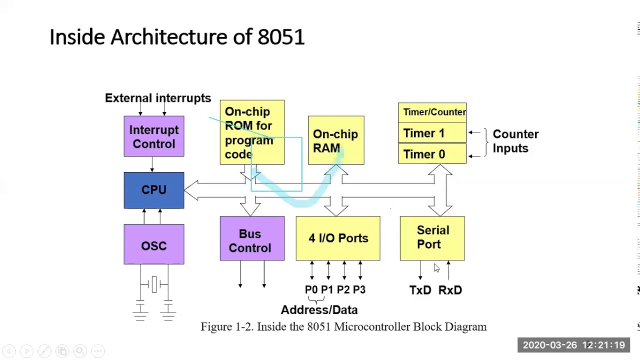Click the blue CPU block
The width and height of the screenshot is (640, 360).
154,190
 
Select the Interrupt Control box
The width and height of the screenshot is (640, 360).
154,136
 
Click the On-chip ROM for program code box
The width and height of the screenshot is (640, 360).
252,132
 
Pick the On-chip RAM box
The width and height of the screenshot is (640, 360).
336,140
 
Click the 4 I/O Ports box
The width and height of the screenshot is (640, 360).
338,238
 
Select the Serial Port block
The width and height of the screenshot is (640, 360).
432,238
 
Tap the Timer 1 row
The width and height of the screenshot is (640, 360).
432,133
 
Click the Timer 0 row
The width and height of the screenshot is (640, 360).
432,154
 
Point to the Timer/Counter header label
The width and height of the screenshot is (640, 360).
434,112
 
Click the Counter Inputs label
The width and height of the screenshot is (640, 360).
515,141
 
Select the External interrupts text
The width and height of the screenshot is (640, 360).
158,98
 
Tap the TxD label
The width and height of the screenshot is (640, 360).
420,290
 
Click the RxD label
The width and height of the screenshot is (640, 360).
450,290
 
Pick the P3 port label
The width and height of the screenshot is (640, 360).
359,290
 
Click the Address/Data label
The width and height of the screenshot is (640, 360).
319,310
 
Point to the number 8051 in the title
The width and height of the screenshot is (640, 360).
281,37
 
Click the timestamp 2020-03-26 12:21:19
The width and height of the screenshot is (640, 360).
573,345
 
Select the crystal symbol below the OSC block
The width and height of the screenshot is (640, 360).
154,284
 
